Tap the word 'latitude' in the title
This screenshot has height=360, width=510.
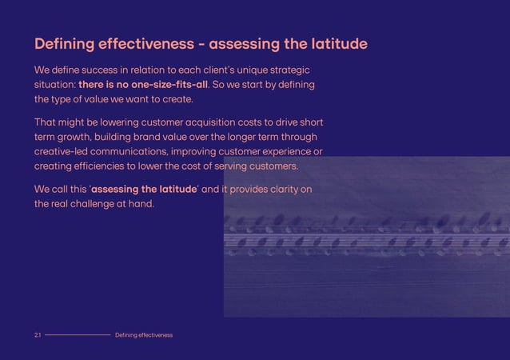334,43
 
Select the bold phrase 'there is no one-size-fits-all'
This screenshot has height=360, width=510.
143,85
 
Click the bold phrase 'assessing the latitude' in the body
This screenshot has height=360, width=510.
144,190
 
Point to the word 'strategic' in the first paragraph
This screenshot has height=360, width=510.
285,70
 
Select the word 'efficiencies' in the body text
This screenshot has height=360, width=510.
99,166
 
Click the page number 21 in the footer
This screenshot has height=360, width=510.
38,334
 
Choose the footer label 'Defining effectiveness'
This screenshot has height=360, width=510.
144,334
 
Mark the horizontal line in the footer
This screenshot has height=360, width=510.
78,334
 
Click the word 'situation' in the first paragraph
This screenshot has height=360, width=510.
54,85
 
